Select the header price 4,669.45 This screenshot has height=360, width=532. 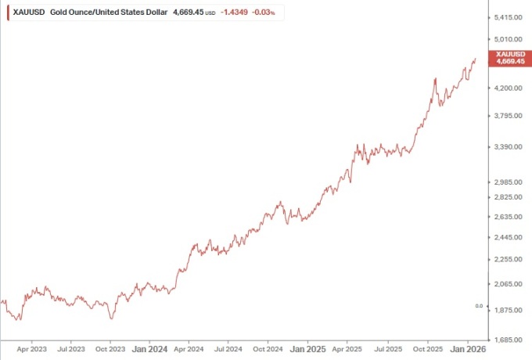point(188,13)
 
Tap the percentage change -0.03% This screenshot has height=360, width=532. point(264,13)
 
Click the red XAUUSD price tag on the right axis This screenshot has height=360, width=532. point(509,57)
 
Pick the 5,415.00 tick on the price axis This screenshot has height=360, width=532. point(509,17)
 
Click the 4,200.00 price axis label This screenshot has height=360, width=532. point(509,88)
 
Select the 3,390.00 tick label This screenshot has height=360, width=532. point(509,146)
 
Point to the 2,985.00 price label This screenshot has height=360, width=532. point(509,182)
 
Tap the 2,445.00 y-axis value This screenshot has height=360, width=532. point(509,237)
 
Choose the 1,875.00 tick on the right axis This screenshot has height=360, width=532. point(509,311)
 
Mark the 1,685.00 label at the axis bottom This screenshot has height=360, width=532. point(509,340)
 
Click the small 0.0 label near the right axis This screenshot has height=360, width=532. point(479,306)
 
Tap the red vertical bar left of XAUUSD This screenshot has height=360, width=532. point(8,13)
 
